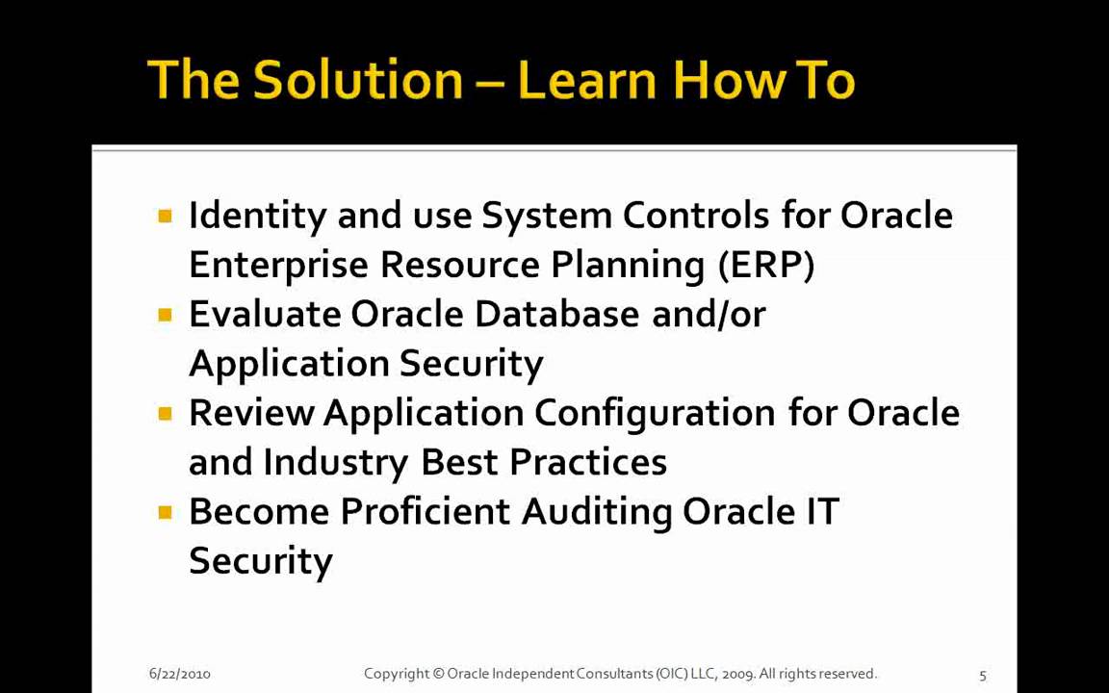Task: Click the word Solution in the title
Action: click(x=357, y=80)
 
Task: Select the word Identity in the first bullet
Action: click(x=257, y=216)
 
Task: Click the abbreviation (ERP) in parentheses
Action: click(x=766, y=265)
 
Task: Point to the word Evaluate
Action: click(x=265, y=315)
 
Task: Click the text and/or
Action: click(x=709, y=315)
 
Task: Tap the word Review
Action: click(x=251, y=413)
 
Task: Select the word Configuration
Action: click(x=655, y=413)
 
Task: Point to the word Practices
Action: click(x=587, y=463)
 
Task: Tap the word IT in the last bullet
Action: click(x=822, y=512)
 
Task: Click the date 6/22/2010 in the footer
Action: click(x=179, y=674)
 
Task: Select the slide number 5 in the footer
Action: click(x=983, y=675)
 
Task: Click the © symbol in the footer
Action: click(x=438, y=674)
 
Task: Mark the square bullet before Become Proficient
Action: click(x=165, y=512)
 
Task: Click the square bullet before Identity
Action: click(x=165, y=217)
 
